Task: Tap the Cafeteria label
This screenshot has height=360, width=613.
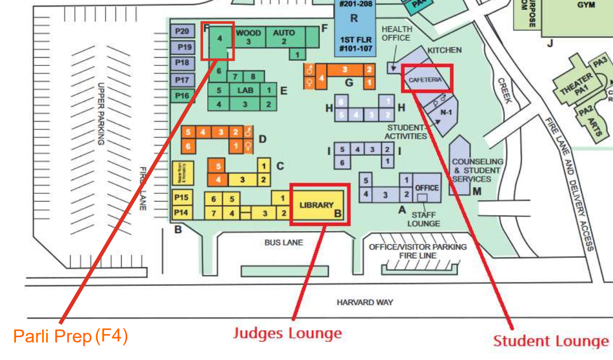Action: coord(425,80)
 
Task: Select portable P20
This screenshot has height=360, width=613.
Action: coord(182,31)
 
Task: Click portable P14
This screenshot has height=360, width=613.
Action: coord(181,212)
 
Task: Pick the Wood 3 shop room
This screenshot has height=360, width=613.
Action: coord(248,37)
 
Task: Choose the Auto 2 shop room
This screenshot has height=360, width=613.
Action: coord(284,37)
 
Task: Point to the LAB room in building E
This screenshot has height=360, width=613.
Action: coord(245,90)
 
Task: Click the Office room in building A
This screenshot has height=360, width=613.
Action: coord(426,188)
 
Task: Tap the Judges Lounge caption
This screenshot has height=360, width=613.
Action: coord(287,333)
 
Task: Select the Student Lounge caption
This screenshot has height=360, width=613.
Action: coord(551,341)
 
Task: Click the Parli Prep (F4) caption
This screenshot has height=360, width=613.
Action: coord(70,337)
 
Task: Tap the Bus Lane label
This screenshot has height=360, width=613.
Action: coord(284,242)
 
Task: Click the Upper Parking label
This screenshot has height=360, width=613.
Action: coord(101,113)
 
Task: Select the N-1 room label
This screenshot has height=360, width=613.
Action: coord(446,111)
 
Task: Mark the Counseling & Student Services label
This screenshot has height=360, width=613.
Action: coord(477,170)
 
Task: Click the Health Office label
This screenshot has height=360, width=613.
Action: coord(396,34)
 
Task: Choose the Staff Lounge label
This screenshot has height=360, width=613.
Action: coord(424,219)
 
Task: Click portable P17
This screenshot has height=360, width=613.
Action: coord(182,80)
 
